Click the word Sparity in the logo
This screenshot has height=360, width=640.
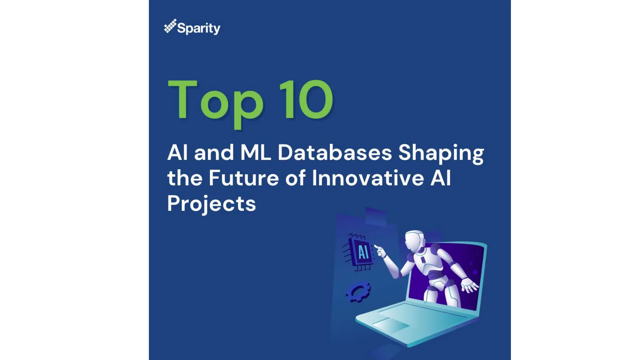tap(199, 28)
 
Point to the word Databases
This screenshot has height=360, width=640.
tap(334, 152)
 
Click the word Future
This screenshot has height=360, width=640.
tap(243, 178)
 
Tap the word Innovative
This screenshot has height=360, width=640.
tap(368, 178)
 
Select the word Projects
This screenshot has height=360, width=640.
tap(211, 204)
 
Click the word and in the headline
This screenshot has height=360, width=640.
tap(214, 152)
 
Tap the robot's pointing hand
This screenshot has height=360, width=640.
tap(379, 250)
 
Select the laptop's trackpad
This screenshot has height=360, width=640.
tap(391, 325)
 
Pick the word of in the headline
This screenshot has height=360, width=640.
tap(295, 178)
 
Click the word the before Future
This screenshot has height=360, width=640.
tap(185, 178)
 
